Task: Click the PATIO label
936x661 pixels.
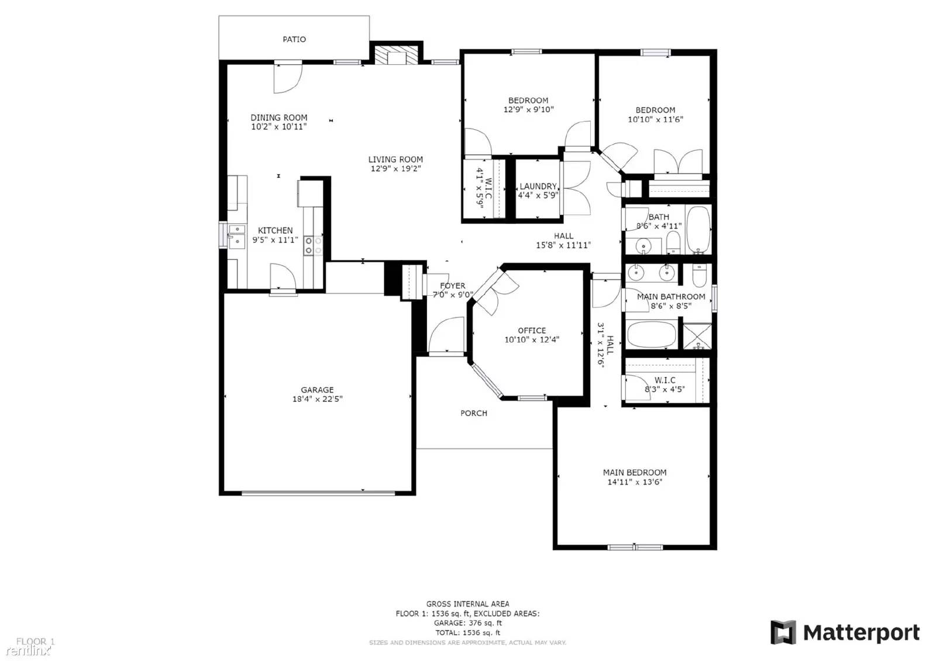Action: tap(294, 39)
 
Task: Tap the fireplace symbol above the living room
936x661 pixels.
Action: tap(397, 56)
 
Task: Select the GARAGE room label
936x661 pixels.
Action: tap(317, 390)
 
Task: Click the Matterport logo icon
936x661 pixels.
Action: tap(783, 632)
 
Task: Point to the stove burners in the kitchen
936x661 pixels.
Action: tap(313, 245)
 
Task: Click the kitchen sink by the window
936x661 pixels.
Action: tap(237, 235)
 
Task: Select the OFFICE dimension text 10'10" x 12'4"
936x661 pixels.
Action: tap(532, 340)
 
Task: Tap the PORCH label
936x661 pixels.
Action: tap(473, 413)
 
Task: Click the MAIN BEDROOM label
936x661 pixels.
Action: tap(635, 472)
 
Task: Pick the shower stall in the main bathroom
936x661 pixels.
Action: tap(697, 337)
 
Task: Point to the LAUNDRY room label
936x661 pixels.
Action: tap(538, 186)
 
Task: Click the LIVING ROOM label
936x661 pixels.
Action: tap(395, 159)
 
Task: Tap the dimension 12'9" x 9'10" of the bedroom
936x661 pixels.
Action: tap(528, 109)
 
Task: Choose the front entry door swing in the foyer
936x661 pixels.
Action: tap(446, 335)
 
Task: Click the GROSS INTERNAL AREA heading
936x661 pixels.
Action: tap(467, 604)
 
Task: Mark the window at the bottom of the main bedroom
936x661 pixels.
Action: tap(635, 547)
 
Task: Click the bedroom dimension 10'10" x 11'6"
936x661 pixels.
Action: tap(655, 119)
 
